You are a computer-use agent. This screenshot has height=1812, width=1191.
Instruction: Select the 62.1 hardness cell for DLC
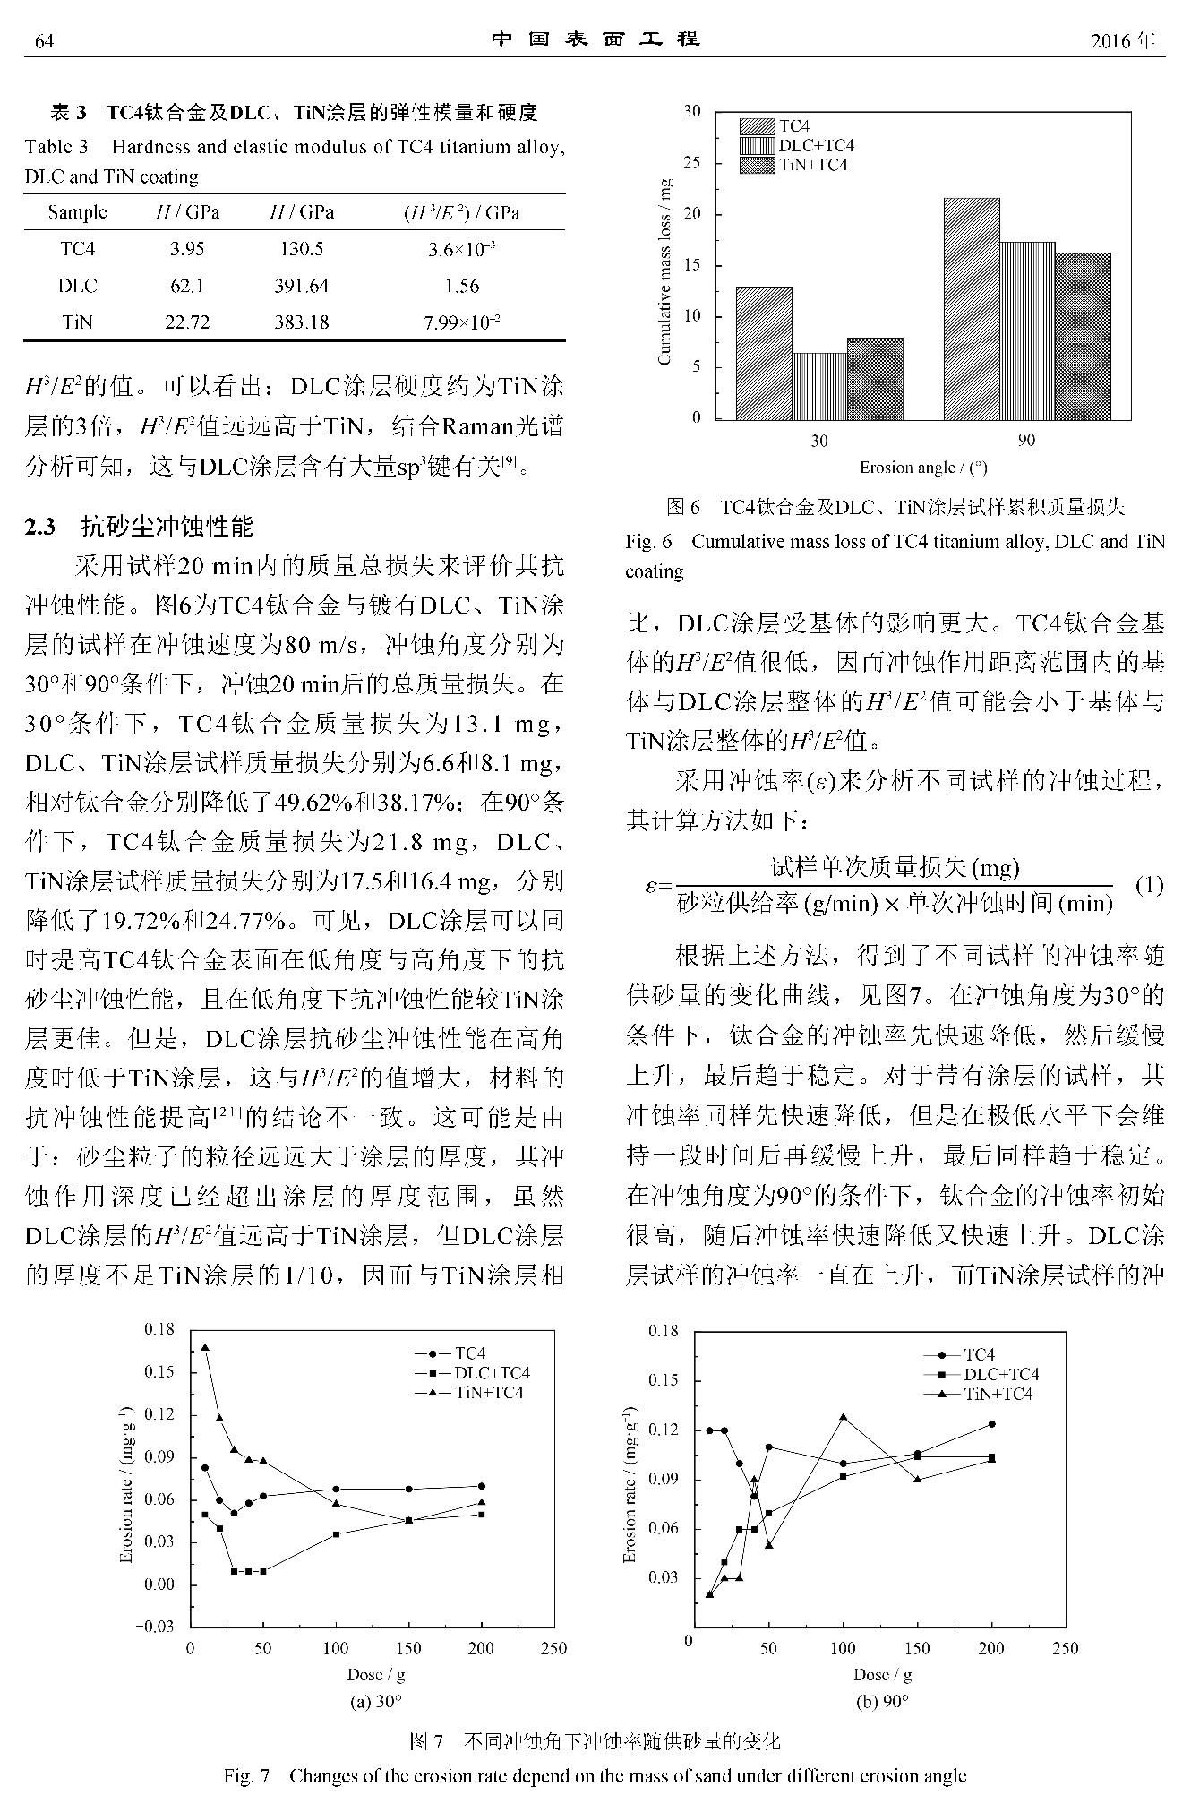coord(186,286)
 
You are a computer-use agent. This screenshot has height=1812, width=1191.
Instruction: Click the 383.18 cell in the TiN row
coord(302,322)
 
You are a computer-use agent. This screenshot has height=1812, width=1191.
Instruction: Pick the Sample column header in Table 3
coord(77,212)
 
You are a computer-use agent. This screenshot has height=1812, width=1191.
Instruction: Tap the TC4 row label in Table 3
coord(77,249)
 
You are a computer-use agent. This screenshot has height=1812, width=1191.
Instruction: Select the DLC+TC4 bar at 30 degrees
coord(819,385)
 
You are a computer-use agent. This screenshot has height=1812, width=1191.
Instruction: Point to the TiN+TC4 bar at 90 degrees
coord(1083,336)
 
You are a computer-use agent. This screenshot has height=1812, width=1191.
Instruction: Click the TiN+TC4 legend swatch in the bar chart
coord(758,165)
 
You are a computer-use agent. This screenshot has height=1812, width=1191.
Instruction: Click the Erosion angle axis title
coord(923,468)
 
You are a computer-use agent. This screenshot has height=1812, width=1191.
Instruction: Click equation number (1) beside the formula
coord(1149,886)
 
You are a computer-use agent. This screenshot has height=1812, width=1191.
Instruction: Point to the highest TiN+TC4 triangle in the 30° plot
coord(205,1347)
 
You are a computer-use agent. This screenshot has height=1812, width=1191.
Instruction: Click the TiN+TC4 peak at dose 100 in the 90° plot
coord(843,1417)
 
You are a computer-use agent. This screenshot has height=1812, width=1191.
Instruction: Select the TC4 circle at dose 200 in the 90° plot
coord(991,1424)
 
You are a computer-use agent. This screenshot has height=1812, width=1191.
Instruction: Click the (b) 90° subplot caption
coord(882,1702)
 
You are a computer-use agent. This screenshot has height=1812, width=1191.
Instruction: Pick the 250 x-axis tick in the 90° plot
coord(1065,1648)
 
